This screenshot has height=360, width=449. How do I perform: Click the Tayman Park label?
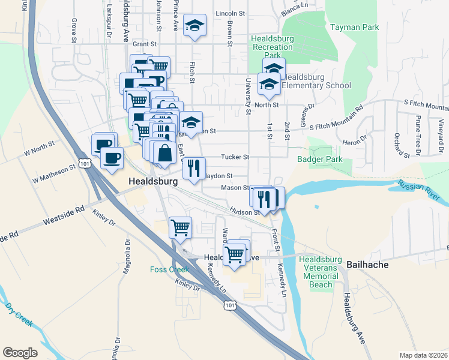click(354, 27)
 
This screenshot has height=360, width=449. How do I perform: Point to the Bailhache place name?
click(367, 264)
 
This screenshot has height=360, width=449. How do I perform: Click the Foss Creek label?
click(169, 269)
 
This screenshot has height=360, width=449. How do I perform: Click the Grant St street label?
click(144, 44)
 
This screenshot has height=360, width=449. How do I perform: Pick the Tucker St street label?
click(235, 157)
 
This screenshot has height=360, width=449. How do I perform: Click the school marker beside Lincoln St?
click(194, 26)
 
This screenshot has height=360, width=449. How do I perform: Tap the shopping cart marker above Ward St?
click(180, 228)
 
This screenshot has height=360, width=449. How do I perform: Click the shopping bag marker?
click(164, 153)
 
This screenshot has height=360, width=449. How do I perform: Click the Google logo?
click(20, 353)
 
